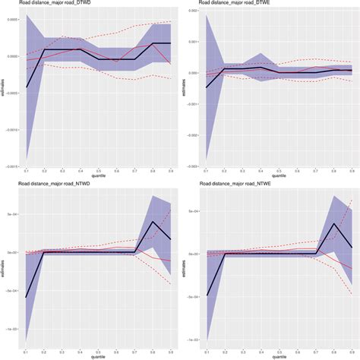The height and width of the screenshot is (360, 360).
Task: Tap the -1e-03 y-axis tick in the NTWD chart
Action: (12, 329)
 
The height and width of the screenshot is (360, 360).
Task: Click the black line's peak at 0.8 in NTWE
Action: (333, 224)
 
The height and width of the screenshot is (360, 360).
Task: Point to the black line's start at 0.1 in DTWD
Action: (27, 87)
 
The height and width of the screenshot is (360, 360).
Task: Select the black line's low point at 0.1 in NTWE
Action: (207, 295)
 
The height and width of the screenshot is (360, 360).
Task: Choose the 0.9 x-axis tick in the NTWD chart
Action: (171, 352)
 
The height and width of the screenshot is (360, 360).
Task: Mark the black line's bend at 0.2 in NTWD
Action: (45, 252)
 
